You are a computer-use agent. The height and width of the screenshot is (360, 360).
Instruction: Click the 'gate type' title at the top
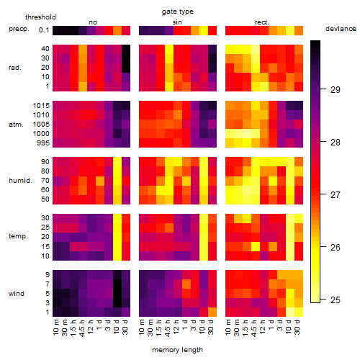pyautogui.click(x=178, y=12)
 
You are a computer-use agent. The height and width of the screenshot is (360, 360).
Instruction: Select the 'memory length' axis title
pyautogui.click(x=177, y=350)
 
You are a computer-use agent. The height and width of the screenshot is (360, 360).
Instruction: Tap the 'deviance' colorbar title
pyautogui.click(x=341, y=29)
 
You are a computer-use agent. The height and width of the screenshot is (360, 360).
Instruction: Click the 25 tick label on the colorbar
pyautogui.click(x=336, y=300)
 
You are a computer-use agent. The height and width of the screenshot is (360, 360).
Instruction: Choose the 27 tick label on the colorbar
pyautogui.click(x=336, y=195)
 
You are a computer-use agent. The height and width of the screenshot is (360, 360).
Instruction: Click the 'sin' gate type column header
pyautogui.click(x=177, y=22)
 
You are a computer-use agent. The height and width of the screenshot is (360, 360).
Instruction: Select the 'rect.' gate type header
pyautogui.click(x=262, y=22)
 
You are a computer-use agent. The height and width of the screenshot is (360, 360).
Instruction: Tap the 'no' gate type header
pyautogui.click(x=93, y=22)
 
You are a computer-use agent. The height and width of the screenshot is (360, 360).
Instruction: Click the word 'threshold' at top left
pyautogui.click(x=40, y=17)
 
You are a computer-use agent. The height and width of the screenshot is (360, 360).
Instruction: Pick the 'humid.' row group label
pyautogui.click(x=20, y=181)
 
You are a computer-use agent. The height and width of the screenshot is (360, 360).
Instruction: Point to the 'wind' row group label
pyautogui.click(x=17, y=294)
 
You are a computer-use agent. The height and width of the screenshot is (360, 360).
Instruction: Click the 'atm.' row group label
pyautogui.click(x=16, y=125)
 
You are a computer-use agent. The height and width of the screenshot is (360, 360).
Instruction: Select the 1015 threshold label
pyautogui.click(x=41, y=106)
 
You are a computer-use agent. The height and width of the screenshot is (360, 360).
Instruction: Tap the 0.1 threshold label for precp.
pyautogui.click(x=44, y=30)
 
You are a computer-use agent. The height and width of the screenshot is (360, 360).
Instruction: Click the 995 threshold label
pyautogui.click(x=43, y=143)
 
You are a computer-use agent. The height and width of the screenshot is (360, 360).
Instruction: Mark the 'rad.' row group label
pyautogui.click(x=15, y=68)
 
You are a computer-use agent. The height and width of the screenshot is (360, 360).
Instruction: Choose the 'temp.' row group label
pyautogui.click(x=18, y=236)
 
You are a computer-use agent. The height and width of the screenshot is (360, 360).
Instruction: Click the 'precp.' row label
pyautogui.click(x=19, y=29)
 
